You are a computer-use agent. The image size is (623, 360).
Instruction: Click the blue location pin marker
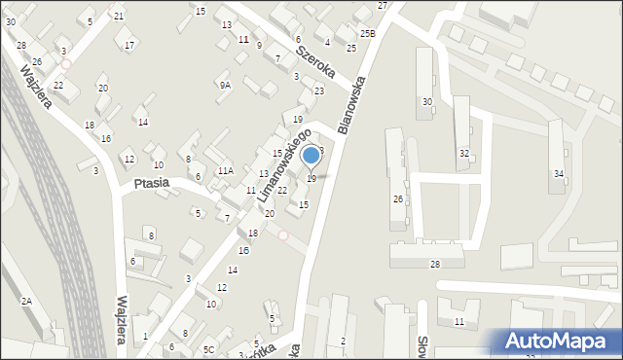[311, 156]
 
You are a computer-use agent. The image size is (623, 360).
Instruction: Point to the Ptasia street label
[151, 182]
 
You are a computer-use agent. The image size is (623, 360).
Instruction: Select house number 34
[559, 173]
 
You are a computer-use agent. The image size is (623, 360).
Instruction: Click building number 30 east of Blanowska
[426, 102]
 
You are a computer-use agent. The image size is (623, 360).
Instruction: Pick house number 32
[464, 154]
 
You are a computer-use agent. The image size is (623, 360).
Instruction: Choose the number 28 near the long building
[435, 265]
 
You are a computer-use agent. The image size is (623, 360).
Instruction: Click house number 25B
[366, 34]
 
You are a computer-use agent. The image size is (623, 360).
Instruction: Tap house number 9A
[225, 86]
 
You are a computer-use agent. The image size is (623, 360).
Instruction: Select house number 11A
[225, 171]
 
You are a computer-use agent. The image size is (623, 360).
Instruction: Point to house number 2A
[26, 302]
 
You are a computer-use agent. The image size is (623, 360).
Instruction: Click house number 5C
[208, 349]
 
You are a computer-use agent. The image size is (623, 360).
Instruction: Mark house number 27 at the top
[383, 6]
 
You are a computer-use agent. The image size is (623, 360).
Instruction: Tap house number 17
[129, 45]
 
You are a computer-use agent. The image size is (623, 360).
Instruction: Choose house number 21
[119, 17]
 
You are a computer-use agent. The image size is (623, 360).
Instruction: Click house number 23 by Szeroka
[318, 91]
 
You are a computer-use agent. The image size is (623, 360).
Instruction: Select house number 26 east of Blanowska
[397, 198]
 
